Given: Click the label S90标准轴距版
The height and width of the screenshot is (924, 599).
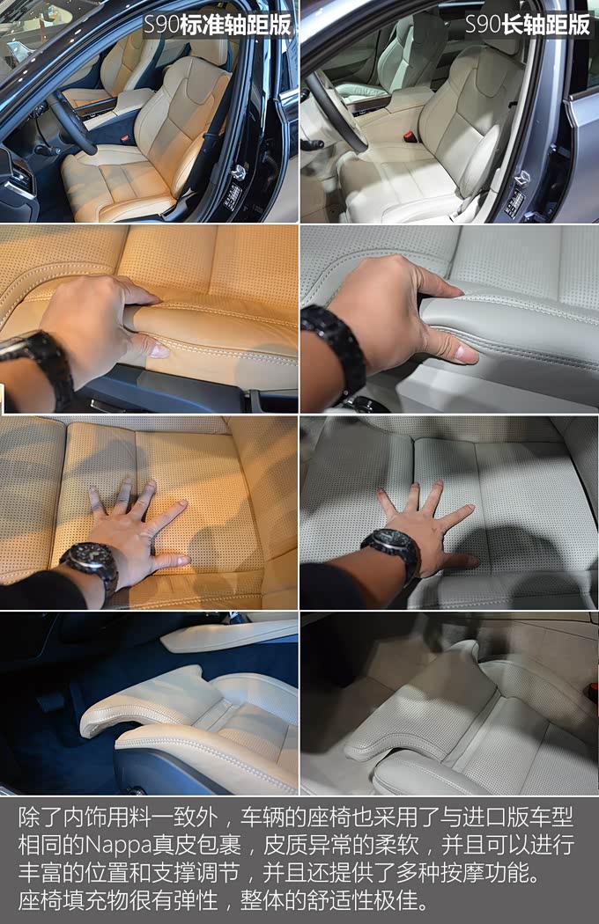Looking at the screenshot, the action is pyautogui.click(x=218, y=26).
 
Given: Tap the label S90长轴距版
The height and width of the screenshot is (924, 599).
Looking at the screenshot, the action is pyautogui.click(x=528, y=25).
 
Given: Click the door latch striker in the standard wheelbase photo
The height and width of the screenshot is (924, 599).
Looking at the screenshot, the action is pyautogui.click(x=238, y=172).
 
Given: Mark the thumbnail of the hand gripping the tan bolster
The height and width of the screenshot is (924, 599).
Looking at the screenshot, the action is pyautogui.click(x=159, y=351).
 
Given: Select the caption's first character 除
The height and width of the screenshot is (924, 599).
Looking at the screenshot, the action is pyautogui.click(x=29, y=818).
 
